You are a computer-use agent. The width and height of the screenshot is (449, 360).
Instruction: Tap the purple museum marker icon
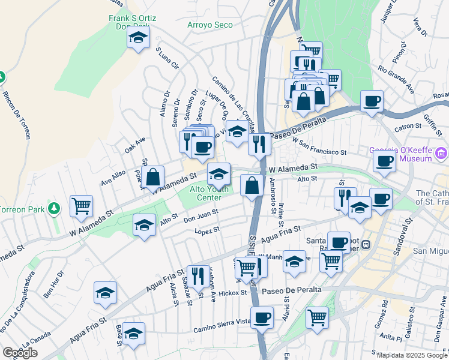coord(443,155)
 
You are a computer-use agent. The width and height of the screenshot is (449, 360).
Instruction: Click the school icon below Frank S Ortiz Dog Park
coord(138,40)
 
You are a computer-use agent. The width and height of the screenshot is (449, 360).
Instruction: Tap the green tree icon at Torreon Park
coord(55,208)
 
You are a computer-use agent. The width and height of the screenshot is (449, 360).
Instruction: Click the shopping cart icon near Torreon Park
coord(80,206)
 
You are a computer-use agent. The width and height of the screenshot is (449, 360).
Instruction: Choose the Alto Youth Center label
coord(209,193)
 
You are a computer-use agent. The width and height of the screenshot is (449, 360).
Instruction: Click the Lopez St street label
coord(208,229)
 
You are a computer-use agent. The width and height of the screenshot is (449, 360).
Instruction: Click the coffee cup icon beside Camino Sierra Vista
coord(262,317)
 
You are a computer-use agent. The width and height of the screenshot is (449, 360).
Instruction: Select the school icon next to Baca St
coord(134,334)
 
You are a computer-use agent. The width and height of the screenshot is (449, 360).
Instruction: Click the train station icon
coord(366,244)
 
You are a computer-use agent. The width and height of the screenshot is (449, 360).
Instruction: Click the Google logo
coord(20,353)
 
